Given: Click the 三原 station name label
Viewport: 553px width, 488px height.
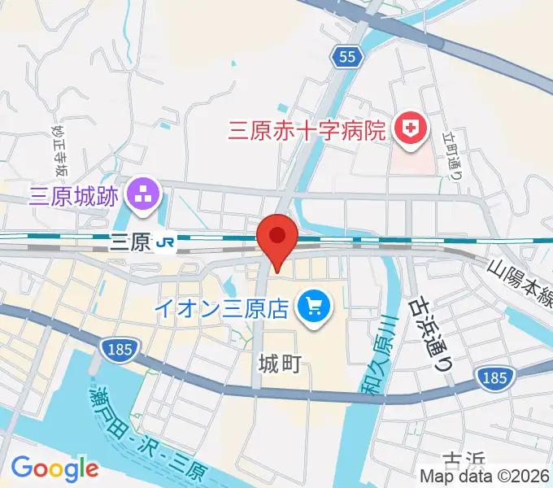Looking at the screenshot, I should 130,241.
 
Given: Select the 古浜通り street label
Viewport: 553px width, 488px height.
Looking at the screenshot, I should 429,333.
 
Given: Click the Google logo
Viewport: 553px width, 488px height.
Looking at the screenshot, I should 54,468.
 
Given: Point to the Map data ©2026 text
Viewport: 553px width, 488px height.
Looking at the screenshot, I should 485,477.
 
